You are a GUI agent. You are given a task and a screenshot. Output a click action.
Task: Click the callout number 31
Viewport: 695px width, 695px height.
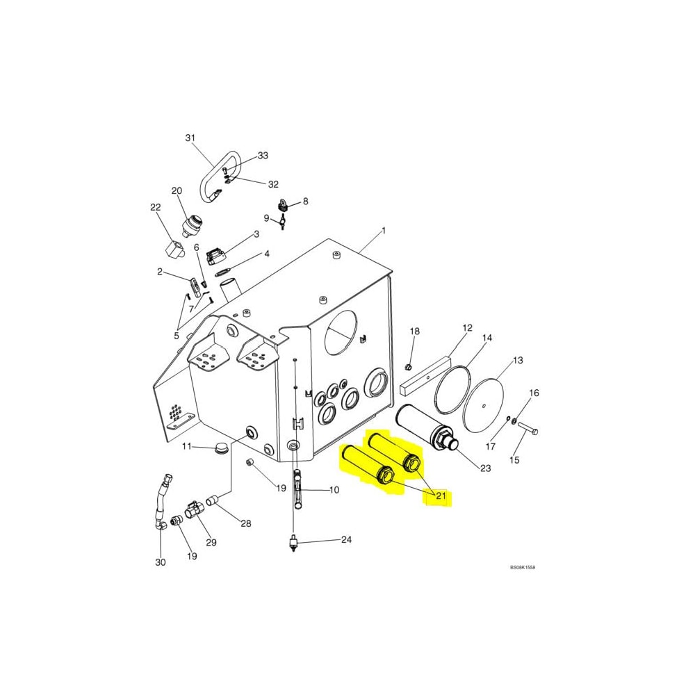click(190, 138)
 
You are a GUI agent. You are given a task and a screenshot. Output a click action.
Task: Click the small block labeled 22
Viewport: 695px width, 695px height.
click(174, 250)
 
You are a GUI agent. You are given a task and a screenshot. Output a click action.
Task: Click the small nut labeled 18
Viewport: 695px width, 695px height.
click(409, 366)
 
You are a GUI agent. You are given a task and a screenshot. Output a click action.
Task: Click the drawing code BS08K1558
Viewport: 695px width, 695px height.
click(523, 567)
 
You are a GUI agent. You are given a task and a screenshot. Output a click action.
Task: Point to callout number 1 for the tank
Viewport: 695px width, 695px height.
click(382, 230)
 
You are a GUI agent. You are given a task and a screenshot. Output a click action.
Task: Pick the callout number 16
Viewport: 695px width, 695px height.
click(534, 393)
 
